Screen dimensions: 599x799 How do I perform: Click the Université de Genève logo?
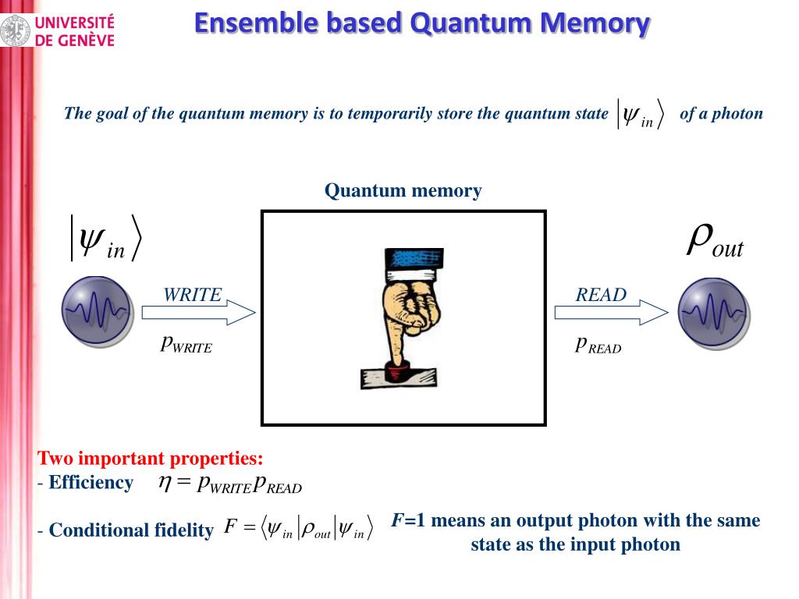click(x=58, y=30)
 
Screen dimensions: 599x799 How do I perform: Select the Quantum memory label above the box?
click(x=403, y=190)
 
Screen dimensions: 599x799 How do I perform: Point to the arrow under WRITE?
click(x=198, y=313)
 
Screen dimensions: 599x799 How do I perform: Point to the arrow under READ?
click(x=611, y=313)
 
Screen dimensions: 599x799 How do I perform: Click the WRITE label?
click(x=192, y=295)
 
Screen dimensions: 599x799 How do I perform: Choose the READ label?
click(x=601, y=295)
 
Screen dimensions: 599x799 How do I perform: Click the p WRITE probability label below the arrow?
click(x=186, y=344)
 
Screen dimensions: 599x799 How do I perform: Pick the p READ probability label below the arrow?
click(x=598, y=345)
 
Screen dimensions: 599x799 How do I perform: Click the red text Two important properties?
click(x=151, y=458)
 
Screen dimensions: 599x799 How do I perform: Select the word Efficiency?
click(x=91, y=483)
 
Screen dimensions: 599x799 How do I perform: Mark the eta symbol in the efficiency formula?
click(x=165, y=483)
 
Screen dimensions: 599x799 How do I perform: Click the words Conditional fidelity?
click(x=131, y=530)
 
